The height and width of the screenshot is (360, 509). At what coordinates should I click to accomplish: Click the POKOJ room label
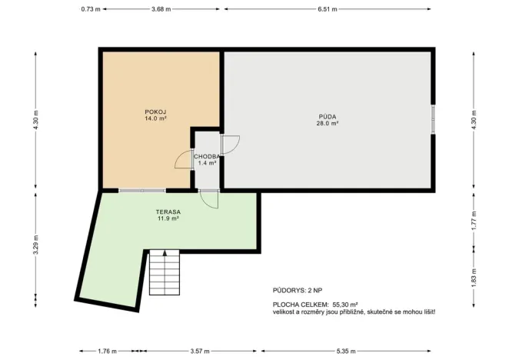[155, 112]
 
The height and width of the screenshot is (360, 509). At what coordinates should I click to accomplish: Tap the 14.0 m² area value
[155, 119]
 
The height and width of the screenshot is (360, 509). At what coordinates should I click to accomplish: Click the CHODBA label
[207, 156]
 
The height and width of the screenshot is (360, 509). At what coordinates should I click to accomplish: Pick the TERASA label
[167, 212]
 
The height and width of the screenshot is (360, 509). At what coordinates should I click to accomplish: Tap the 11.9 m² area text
[167, 218]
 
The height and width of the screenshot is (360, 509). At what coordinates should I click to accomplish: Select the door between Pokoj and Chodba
[185, 159]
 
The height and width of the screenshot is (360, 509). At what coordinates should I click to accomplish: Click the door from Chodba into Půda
[229, 144]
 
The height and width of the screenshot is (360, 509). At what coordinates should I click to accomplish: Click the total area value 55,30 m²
[345, 305]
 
